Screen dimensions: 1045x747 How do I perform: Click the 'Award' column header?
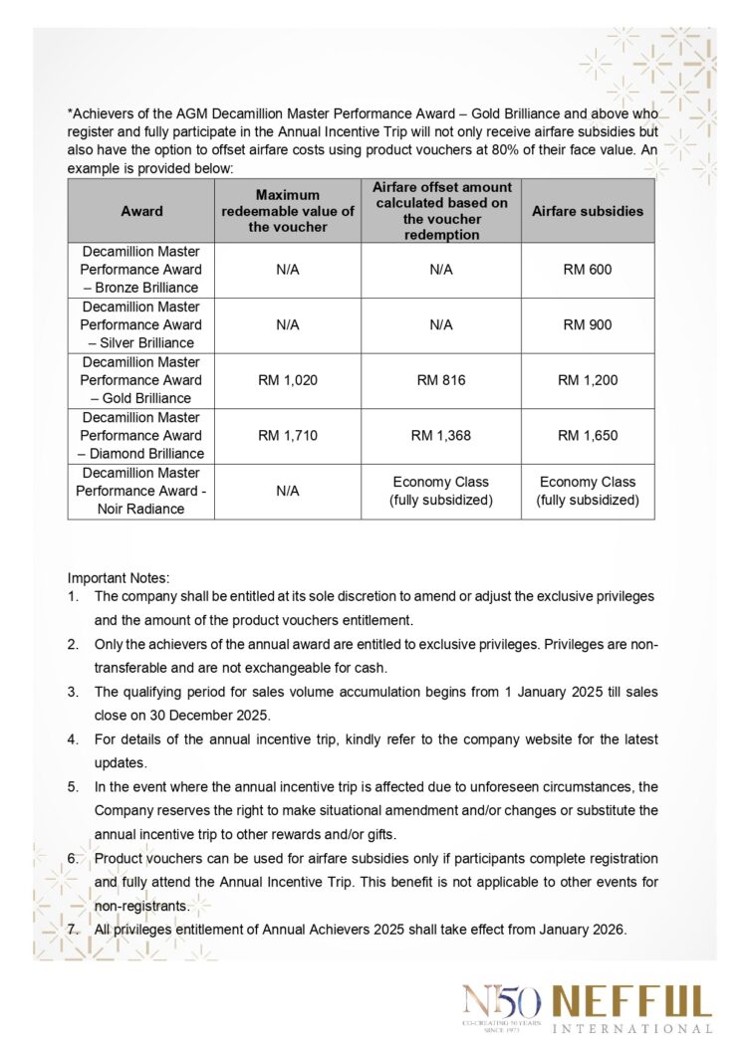[x=141, y=211]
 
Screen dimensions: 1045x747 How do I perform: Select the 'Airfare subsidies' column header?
[x=588, y=211]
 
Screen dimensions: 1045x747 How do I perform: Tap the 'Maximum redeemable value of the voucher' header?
[x=287, y=211]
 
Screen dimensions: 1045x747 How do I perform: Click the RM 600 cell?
[x=588, y=270]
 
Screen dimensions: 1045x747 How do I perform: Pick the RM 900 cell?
[x=588, y=325]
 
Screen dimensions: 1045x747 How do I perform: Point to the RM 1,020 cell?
[x=287, y=380]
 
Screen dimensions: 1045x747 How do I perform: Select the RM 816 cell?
[x=440, y=380]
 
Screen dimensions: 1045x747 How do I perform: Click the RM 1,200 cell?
[x=588, y=380]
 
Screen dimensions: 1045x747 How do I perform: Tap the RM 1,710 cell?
[x=287, y=436]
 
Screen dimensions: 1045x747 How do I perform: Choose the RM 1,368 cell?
[x=440, y=436]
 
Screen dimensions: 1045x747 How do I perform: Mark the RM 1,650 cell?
[x=588, y=436]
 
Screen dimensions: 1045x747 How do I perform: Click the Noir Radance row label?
[x=141, y=491]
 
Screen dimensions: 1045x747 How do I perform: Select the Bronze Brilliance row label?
[x=141, y=270]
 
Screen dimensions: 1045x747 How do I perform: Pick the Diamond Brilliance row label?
[x=141, y=436]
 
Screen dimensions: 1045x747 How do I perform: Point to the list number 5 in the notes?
[x=73, y=786]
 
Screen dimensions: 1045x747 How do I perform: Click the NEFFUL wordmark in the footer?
[x=631, y=1001]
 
